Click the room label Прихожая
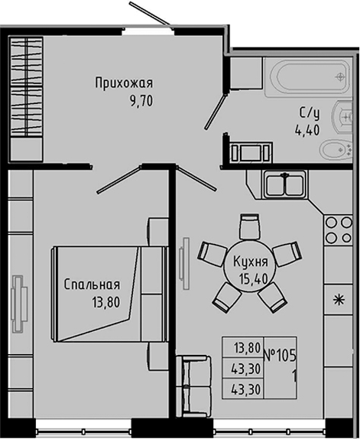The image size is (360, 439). coord(125,83)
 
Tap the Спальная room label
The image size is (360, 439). coord(92,285)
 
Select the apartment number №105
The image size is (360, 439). coord(282,354)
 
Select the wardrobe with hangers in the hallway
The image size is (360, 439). coord(28,86)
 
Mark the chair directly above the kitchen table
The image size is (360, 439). coord(249,225)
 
